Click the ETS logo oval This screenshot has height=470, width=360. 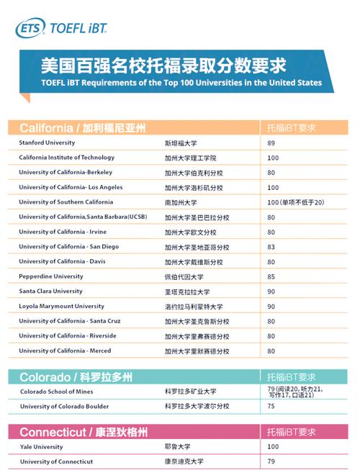pos(30,27)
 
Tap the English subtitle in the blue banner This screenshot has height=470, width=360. pos(171,83)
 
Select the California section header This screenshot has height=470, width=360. pos(82,128)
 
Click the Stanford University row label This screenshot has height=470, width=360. pos(47,143)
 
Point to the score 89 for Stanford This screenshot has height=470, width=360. pos(271,143)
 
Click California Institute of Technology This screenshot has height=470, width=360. pos(66,158)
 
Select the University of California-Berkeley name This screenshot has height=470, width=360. pos(66,173)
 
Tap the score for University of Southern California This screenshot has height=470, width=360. pos(295,202)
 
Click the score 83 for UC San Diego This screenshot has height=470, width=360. pos(271,246)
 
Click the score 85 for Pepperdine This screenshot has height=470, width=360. pos(271,276)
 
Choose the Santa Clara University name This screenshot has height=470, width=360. pos(50,292)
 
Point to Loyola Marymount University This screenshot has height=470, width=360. pos(61,306)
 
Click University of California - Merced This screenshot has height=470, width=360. pos(65,351)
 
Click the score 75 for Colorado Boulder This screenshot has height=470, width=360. pos(271,407)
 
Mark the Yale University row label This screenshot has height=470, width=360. pos(40,447)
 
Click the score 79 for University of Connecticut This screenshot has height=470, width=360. pos(271,461)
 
